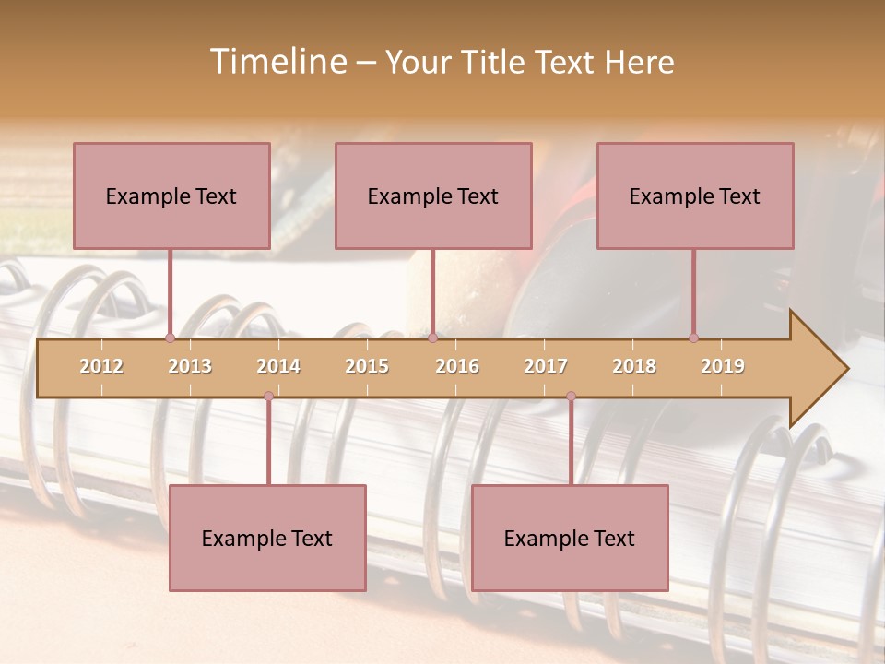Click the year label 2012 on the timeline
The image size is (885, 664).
(101, 366)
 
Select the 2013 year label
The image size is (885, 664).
(190, 366)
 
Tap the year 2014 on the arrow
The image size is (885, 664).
(278, 366)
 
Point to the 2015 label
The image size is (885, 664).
(367, 366)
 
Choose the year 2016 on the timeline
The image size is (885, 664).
(457, 366)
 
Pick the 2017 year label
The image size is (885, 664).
(546, 366)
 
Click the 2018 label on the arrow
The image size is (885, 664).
(634, 366)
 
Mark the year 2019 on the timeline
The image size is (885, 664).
(723, 366)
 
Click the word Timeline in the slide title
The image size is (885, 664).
(277, 62)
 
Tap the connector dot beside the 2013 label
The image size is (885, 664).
(170, 338)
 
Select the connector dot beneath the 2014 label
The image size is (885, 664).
(268, 397)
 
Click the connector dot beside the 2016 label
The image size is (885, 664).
(432, 338)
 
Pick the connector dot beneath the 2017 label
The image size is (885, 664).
(571, 397)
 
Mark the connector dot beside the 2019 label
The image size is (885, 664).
(693, 338)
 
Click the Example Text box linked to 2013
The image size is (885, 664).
(171, 196)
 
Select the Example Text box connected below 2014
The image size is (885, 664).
(267, 538)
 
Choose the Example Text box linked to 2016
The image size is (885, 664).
(433, 196)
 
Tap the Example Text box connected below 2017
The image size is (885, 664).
(570, 538)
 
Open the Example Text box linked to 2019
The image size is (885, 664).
(695, 196)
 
